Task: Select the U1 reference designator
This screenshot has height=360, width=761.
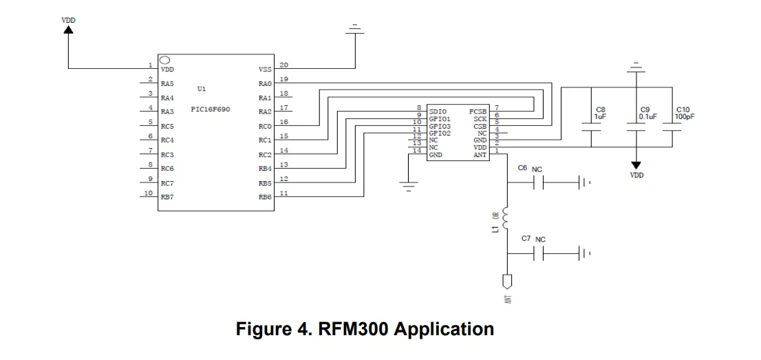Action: [201, 89]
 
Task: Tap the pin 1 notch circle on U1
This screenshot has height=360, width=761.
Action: [165, 60]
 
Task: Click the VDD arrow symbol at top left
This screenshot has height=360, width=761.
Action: [69, 33]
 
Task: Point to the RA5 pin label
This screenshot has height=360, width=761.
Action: [167, 84]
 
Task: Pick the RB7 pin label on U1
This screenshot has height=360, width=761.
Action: [167, 198]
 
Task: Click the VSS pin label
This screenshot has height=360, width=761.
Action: [265, 70]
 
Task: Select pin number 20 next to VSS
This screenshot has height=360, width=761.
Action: [283, 65]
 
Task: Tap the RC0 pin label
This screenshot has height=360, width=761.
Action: [265, 127]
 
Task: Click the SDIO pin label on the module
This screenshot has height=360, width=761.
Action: [438, 111]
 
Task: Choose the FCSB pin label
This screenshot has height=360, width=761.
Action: [478, 111]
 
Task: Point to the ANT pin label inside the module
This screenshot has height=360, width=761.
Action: [480, 155]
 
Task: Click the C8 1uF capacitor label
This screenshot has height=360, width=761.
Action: [600, 113]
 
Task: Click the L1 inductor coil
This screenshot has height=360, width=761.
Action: [506, 219]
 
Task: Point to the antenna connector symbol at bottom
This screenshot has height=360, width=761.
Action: [506, 282]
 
